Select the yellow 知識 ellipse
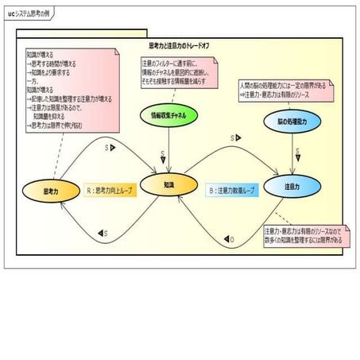[x=168, y=184]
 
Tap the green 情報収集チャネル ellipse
[x=169, y=114]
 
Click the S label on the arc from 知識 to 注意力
[x=233, y=137]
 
